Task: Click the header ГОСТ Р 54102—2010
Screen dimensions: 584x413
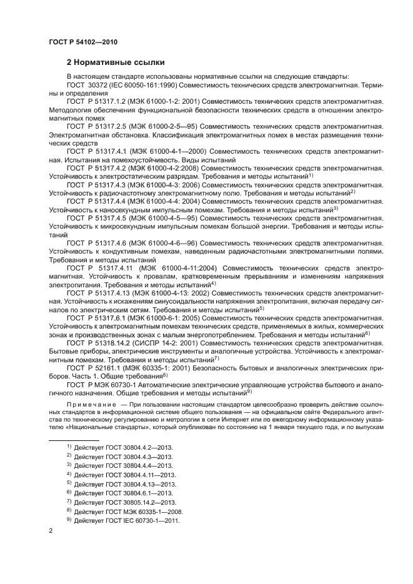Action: (x=82, y=42)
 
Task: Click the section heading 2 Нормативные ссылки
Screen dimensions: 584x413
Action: (x=116, y=62)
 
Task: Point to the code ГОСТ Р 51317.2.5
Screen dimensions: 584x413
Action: (x=97, y=126)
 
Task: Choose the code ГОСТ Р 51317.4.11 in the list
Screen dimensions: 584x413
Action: (x=99, y=267)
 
